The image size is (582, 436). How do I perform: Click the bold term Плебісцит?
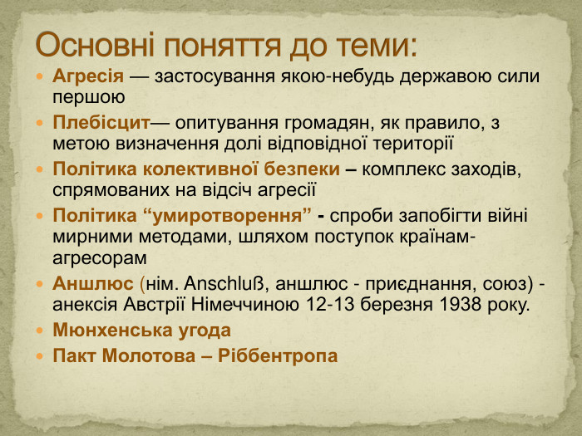click(101, 123)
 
